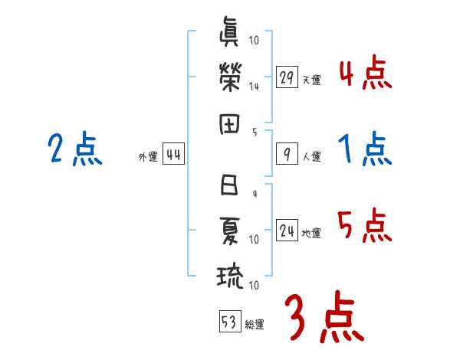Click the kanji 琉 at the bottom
click(x=230, y=276)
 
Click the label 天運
click(x=310, y=80)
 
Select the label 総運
click(x=254, y=324)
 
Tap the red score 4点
click(x=364, y=74)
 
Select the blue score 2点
click(x=74, y=149)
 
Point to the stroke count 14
click(x=254, y=87)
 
